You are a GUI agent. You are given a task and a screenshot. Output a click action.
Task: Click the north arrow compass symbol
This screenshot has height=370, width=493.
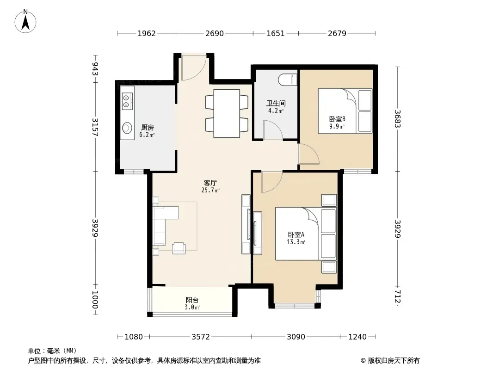[25, 21]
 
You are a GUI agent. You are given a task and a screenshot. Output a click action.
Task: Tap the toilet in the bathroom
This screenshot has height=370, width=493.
[288, 80]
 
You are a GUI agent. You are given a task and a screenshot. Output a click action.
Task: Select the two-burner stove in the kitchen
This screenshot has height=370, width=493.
[127, 101]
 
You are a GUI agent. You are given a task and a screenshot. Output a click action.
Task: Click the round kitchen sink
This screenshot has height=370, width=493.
[127, 128]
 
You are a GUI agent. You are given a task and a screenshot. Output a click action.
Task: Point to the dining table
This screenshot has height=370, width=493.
[227, 113]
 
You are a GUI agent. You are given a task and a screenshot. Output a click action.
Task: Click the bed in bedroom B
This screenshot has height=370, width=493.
[345, 111]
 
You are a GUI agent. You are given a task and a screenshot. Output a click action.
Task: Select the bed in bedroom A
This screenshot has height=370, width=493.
[306, 234]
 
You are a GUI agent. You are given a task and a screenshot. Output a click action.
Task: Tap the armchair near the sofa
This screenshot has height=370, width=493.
[179, 248]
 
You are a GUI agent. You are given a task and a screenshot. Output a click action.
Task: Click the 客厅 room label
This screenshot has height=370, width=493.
[210, 183]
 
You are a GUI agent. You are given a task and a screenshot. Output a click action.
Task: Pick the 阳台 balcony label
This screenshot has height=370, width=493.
[192, 300]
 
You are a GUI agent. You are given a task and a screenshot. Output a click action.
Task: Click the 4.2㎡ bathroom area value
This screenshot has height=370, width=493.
[276, 111]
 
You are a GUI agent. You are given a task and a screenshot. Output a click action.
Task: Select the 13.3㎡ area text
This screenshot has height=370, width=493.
[296, 242]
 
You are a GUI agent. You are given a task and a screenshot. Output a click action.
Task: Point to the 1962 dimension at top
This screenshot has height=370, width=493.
[147, 33]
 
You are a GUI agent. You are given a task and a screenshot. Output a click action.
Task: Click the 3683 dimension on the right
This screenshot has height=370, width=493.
[397, 118]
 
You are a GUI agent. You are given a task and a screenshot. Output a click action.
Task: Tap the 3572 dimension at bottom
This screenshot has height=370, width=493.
[201, 337]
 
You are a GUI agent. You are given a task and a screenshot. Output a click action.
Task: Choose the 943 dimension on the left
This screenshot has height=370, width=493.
[95, 69]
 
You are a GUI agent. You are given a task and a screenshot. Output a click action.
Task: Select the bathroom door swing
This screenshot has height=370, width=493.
[273, 130]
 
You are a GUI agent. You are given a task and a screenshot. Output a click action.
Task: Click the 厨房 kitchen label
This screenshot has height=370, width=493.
[148, 128]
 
